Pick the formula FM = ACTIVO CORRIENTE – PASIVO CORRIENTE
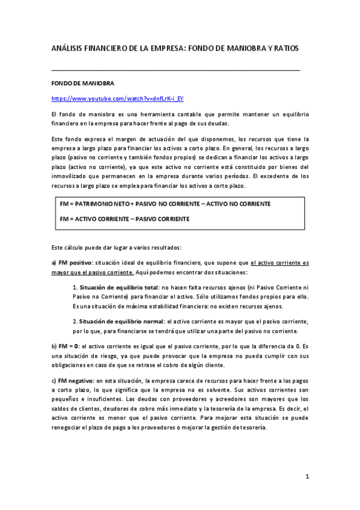tap(125, 219)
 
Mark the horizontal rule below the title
tap(175, 70)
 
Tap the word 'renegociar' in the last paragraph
tap(70, 428)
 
